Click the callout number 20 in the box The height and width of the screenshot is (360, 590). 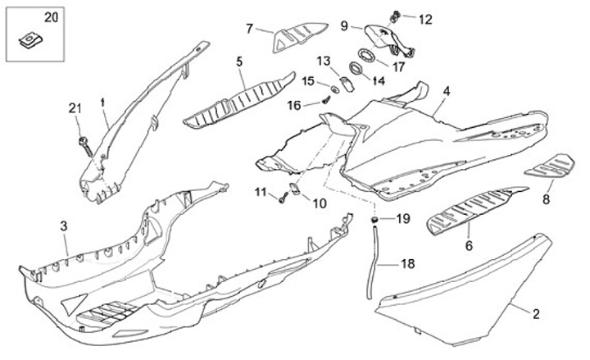[29, 17]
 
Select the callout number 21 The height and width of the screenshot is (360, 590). [75, 108]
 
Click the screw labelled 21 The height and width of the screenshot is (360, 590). [84, 144]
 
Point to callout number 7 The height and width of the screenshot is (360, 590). [250, 28]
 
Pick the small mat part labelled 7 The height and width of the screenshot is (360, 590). [297, 37]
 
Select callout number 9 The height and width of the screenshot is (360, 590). [344, 25]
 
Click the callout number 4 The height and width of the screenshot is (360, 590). [447, 90]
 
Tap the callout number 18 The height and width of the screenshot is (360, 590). [407, 264]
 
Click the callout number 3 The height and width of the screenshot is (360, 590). [63, 224]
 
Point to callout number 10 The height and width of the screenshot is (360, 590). [320, 203]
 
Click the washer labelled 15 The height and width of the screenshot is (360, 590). [336, 87]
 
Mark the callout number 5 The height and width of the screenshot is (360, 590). [239, 62]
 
